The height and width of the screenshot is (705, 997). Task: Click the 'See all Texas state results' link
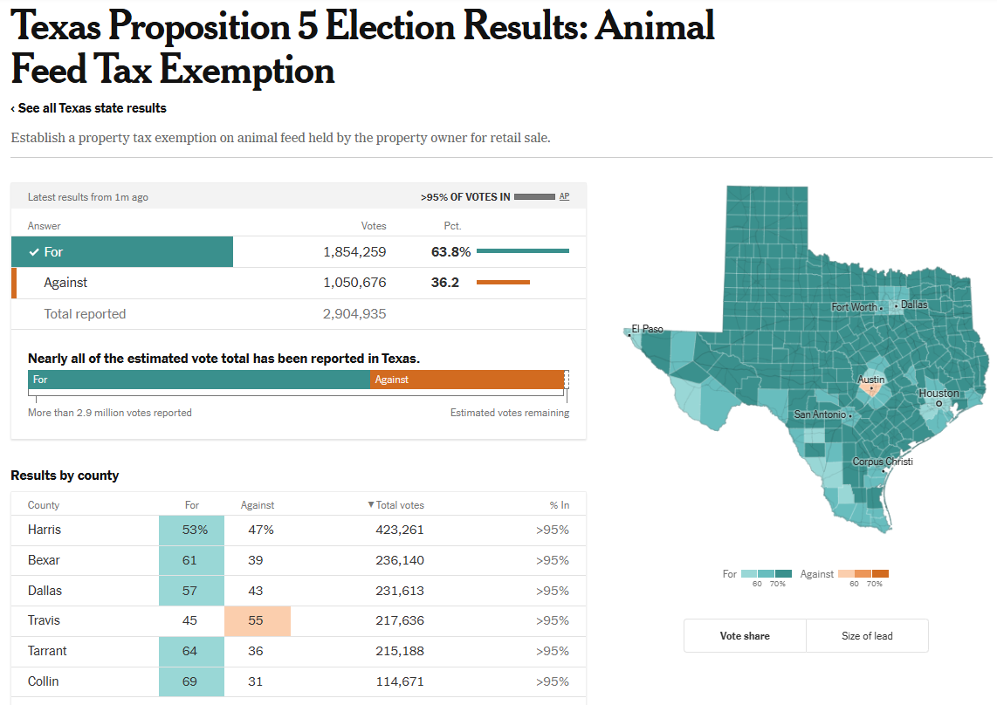coord(90,108)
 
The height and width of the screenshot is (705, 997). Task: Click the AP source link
coord(564,196)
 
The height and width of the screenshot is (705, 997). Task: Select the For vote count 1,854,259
coord(354,252)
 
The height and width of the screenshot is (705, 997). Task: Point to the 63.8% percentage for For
coord(450,252)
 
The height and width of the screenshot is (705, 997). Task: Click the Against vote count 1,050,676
coord(354,283)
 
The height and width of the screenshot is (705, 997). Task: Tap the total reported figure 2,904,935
coord(354,314)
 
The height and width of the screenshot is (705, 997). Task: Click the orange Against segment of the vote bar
coord(467,380)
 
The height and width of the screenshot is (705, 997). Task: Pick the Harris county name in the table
coord(45,530)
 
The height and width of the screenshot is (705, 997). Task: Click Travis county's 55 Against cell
coord(258,621)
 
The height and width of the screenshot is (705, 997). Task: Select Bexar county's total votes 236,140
coord(399,560)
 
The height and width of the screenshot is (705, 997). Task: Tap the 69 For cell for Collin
coord(190,681)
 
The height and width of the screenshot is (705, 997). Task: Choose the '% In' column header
coord(559,505)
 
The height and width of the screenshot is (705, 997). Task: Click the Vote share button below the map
coord(745,636)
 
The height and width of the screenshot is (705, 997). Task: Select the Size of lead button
coord(867,636)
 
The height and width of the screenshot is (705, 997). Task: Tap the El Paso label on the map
coord(648,329)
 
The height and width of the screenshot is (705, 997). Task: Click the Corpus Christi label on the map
coord(883,462)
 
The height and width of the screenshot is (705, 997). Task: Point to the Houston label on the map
coord(939,394)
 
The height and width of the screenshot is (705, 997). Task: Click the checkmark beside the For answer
coord(34,252)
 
